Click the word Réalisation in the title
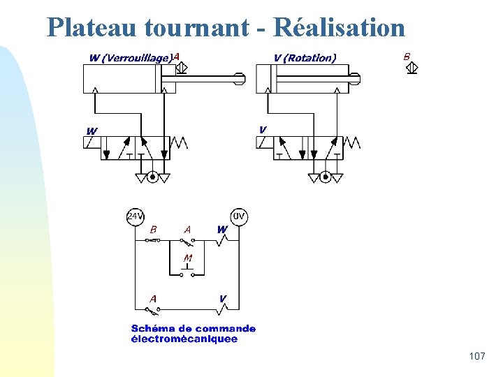pos(340,27)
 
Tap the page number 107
pos(477,357)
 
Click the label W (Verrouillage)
pos(131,58)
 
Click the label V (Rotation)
pos(305,58)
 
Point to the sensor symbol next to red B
pos(412,68)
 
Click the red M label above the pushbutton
pos(187,258)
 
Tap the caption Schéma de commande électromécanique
pos(194,334)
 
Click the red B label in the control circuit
pos(154,228)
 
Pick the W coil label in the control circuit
pos(221,228)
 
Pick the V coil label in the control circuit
pos(222,298)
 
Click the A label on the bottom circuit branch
pos(153,298)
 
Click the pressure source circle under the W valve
pos(152,177)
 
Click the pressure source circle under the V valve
pos(325,177)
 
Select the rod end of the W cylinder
pos(240,79)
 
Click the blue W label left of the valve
pos(92,131)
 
